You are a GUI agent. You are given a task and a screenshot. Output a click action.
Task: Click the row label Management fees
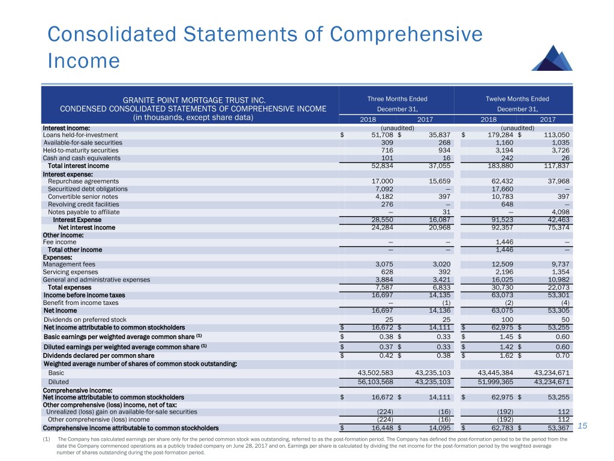69,264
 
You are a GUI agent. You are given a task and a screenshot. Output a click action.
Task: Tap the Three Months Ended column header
397,99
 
